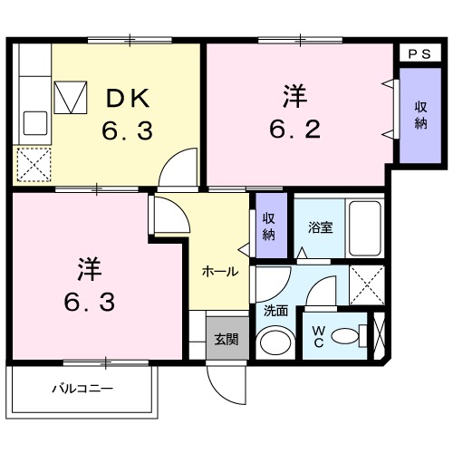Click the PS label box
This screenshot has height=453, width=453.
point(419,53)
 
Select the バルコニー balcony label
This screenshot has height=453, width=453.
point(82,390)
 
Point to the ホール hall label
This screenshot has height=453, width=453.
point(219,271)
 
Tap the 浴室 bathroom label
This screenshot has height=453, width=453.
point(319,227)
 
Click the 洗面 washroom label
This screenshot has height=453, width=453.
point(275,310)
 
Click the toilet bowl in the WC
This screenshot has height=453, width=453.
point(348,337)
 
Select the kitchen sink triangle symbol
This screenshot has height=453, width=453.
point(70,95)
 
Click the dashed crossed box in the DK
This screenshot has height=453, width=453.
point(34,164)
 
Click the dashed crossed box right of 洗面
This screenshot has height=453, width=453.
point(367,284)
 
